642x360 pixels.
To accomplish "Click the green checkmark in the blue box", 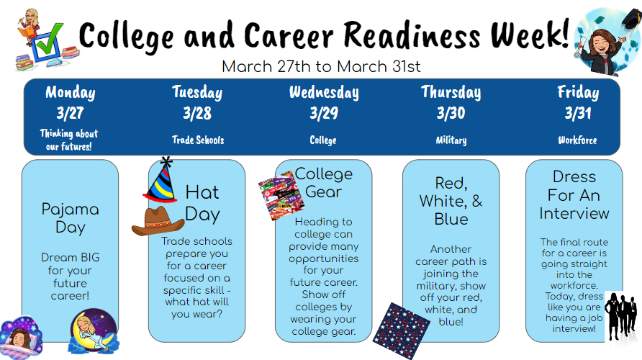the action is point(50,39).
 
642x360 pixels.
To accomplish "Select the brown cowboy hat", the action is point(157,221).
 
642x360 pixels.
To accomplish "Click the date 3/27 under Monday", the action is point(70,113).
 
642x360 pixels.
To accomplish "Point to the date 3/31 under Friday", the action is point(578,113).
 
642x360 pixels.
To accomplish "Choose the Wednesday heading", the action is point(324,93).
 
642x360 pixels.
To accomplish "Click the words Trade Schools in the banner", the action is point(198,140).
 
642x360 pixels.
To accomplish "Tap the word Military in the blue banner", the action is point(451,140).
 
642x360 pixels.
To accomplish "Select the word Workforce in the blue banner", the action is point(577,140).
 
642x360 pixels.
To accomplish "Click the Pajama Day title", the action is point(70,218).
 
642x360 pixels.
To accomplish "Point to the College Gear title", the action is point(323,183).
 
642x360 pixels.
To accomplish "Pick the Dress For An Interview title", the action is point(574,195).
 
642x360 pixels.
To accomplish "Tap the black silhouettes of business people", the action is point(622,316).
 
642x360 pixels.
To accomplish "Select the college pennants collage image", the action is point(281,195).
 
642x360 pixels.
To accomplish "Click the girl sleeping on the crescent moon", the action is point(94,331).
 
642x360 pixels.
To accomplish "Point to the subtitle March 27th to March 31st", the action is point(321,66).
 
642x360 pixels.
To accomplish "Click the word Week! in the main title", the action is point(530,34).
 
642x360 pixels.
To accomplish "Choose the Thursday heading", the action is point(451,93).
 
